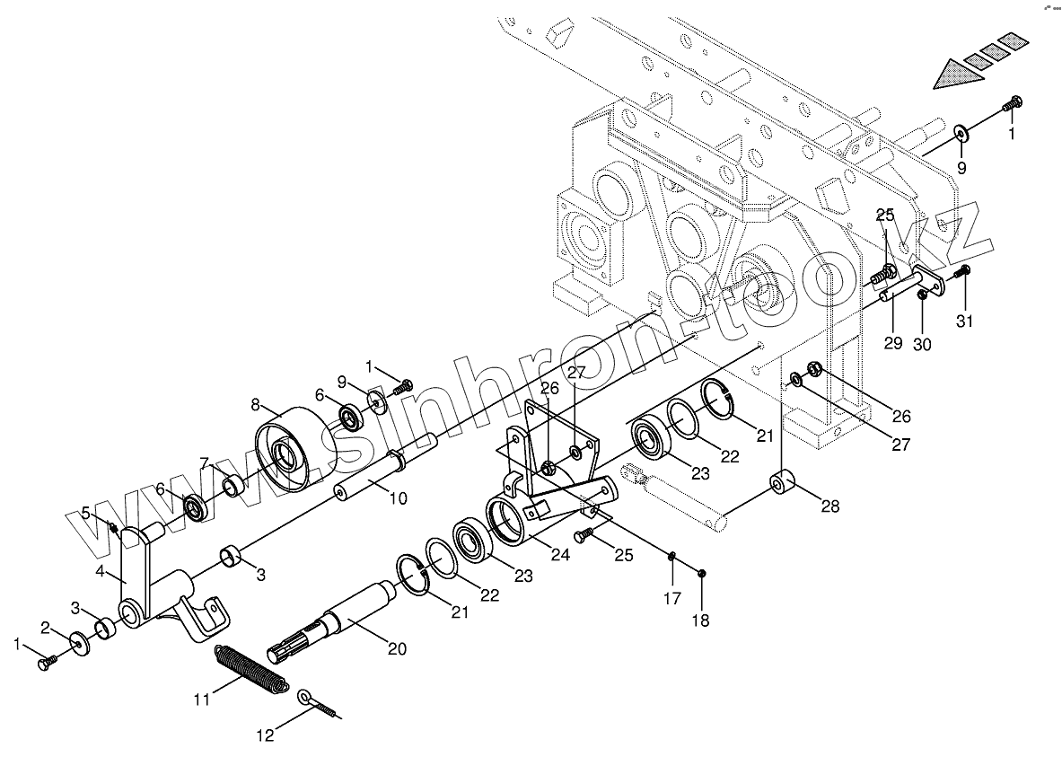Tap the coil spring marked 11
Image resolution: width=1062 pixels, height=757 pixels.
(x=252, y=669)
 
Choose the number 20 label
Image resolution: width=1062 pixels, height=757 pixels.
(x=396, y=649)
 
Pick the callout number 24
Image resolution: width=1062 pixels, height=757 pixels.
(x=560, y=555)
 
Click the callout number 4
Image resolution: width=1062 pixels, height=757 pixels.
(x=100, y=571)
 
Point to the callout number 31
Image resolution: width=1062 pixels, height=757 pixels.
(x=963, y=322)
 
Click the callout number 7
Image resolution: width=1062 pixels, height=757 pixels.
(x=205, y=462)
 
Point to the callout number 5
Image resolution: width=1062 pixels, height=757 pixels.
(x=86, y=513)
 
